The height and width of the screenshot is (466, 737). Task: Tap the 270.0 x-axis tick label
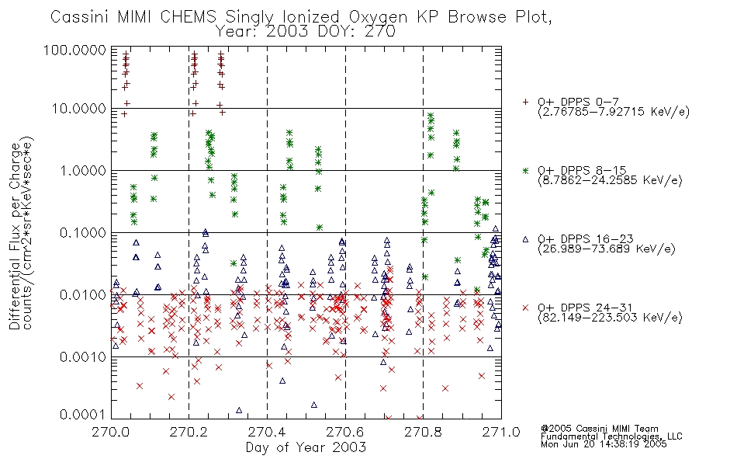coord(111,431)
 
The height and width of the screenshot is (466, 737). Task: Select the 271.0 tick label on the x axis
coord(501,431)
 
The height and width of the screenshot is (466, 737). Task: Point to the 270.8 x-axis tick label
coord(424,431)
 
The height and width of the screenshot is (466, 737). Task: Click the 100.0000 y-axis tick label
coord(77,50)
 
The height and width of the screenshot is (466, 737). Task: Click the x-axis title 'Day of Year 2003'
coord(306,447)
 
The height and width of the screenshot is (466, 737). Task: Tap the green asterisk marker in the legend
coord(526,170)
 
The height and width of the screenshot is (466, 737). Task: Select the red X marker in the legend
coord(526,308)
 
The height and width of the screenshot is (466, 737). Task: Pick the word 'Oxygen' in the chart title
coord(364,18)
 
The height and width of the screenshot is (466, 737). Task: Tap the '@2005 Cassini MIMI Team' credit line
coord(599,429)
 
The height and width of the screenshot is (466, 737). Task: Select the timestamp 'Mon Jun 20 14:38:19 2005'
coord(604,446)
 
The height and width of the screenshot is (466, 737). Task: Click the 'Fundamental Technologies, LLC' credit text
coord(611,437)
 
